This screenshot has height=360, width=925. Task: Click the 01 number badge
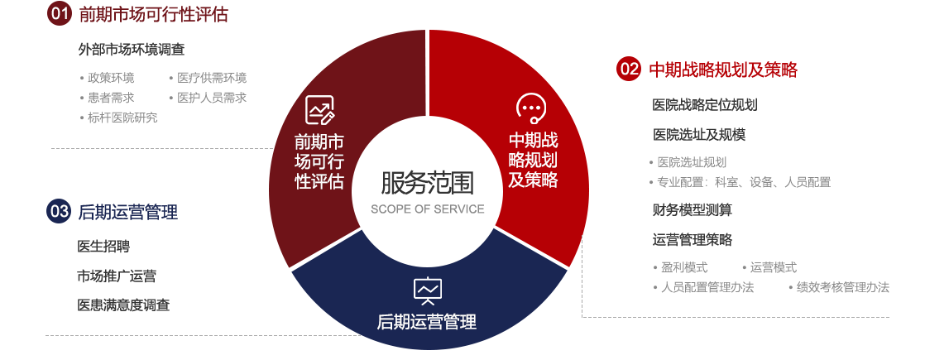60,13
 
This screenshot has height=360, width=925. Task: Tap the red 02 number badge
629,69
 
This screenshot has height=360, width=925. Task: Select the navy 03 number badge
60,211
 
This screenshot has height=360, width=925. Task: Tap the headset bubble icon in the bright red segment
530,108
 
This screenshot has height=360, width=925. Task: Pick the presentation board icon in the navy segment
427,290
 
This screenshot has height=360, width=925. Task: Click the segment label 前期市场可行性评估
319,161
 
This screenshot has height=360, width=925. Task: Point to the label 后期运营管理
427,322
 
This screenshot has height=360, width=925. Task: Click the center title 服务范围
427,182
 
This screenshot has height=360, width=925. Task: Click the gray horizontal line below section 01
161,148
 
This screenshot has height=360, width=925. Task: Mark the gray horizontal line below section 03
203,335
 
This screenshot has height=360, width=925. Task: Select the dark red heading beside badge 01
153,14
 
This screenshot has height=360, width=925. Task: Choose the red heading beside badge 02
723,70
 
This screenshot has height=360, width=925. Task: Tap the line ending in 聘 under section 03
103,247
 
